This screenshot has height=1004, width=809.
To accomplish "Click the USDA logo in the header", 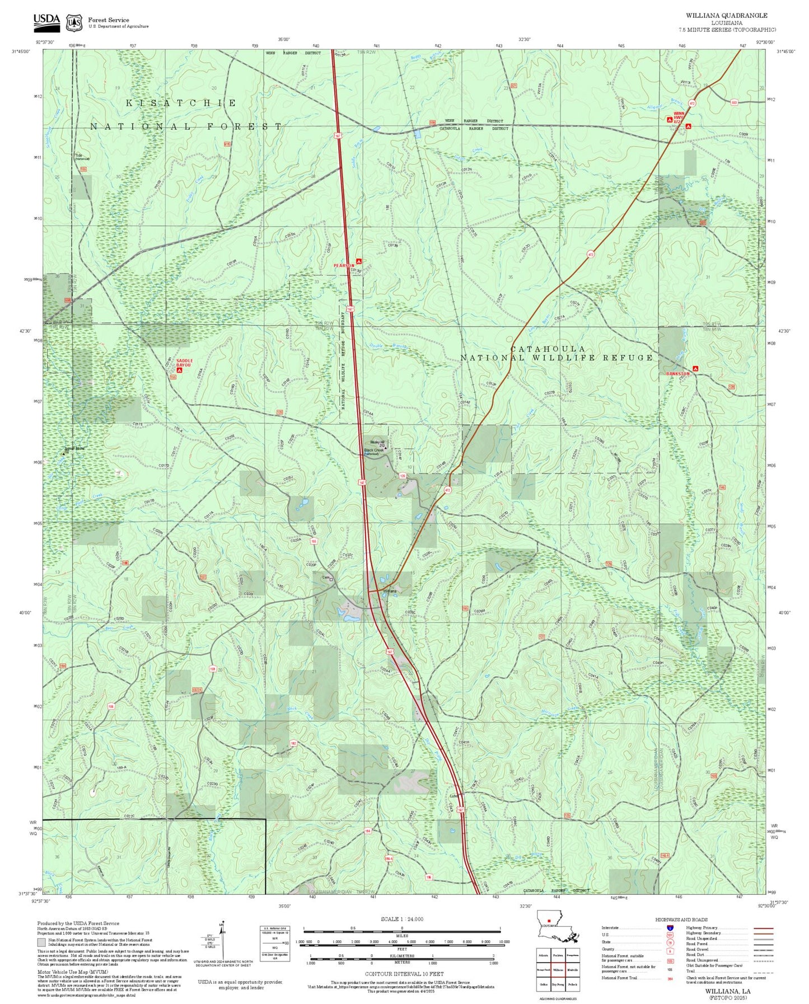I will click(x=46, y=20).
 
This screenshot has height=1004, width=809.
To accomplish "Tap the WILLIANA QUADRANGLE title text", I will click(x=726, y=16).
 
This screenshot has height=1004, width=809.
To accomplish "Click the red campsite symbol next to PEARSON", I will click(x=358, y=261).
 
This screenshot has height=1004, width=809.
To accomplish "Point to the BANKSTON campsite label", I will click(x=677, y=373).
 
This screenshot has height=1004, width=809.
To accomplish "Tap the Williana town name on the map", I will click(x=390, y=591).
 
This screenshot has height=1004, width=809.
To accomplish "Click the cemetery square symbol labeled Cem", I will click(x=331, y=579).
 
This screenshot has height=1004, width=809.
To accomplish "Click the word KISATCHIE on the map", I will click(x=181, y=103).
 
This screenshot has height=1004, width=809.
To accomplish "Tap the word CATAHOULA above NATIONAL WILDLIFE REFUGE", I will click(x=548, y=349).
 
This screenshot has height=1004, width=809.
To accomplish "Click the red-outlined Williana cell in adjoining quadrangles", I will click(x=558, y=970).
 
